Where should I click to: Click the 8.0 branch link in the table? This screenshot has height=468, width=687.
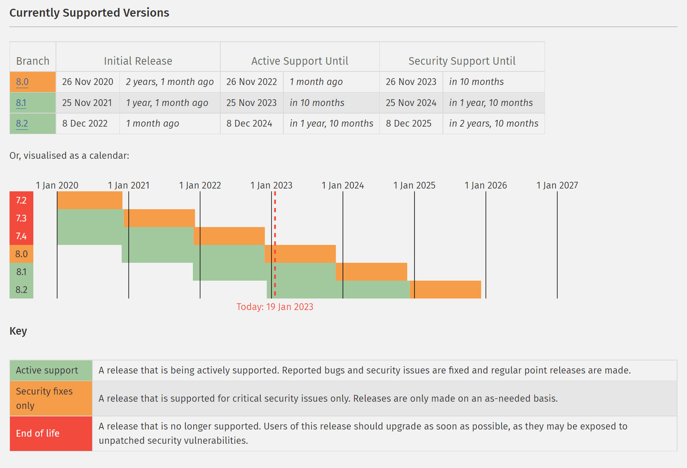[x=22, y=82]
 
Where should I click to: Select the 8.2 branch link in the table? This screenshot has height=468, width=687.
[x=22, y=123]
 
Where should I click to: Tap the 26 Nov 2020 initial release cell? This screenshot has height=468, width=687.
[x=88, y=82]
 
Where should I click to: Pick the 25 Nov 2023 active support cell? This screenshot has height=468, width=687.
[x=252, y=103]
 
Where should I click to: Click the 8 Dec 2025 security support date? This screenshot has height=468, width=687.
[x=409, y=123]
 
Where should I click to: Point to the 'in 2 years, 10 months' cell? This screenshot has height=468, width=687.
[x=494, y=123]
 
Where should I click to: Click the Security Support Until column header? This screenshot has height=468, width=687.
[x=462, y=61]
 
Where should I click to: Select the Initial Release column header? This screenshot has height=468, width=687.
[x=138, y=61]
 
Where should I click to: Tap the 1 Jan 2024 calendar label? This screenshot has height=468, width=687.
[x=343, y=185]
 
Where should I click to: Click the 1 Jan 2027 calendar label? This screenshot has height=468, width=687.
[x=557, y=185]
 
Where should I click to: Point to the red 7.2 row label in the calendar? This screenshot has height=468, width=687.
[x=21, y=200]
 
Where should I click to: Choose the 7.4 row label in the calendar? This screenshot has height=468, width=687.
[x=21, y=236]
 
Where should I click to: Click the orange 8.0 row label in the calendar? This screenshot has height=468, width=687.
[x=21, y=254]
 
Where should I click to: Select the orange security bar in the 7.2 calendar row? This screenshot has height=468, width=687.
[x=90, y=200]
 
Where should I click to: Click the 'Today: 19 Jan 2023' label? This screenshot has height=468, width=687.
[x=275, y=307]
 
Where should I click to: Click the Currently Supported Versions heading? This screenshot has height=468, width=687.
[x=89, y=13]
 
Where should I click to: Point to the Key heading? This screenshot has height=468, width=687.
[x=18, y=331]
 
